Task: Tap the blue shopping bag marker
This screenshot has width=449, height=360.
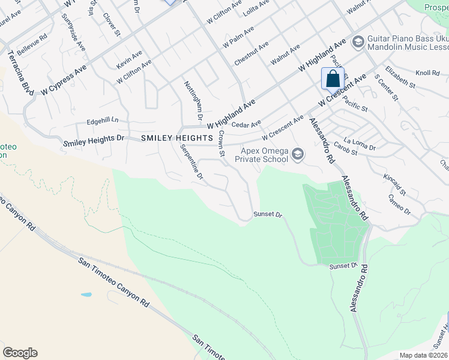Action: [333, 79]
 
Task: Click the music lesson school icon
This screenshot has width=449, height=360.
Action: [358, 41]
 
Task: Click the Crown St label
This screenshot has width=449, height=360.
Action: [221, 145]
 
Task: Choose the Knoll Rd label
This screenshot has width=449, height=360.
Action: [428, 73]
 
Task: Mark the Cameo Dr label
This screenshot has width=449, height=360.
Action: [399, 205]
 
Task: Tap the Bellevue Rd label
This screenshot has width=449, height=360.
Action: [32, 46]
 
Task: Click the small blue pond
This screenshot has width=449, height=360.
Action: [86, 295]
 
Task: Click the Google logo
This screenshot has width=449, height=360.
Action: [20, 353]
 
